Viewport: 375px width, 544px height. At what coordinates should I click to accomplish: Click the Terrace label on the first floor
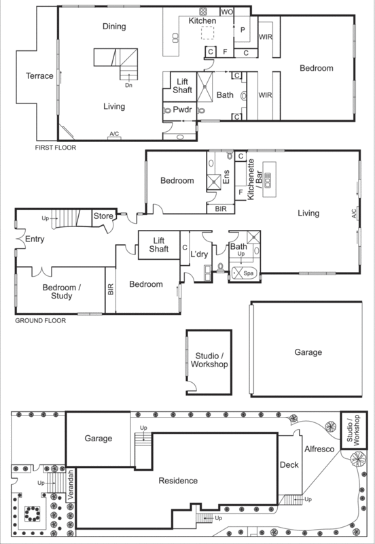click(39, 76)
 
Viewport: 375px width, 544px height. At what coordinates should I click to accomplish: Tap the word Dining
click(115, 26)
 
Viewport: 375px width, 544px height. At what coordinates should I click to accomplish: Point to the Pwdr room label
click(181, 109)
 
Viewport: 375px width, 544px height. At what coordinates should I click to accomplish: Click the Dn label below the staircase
click(128, 86)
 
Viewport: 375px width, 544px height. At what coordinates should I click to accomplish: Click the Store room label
click(103, 217)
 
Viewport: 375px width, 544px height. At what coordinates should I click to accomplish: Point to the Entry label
click(35, 239)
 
